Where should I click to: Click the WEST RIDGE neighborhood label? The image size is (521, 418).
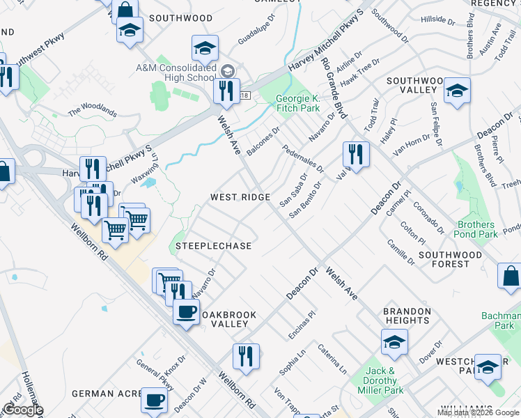(x=240, y=197)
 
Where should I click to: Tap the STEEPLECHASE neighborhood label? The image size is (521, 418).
(x=213, y=246)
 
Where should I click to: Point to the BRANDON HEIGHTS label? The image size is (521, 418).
(x=406, y=316)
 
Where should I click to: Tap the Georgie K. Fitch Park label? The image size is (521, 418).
(x=297, y=103)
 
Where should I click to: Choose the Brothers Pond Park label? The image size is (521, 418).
(x=477, y=230)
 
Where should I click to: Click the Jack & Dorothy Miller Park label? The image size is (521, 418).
(x=380, y=380)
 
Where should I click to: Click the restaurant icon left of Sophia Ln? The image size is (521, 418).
(x=245, y=355)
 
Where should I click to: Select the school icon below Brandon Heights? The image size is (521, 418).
(x=394, y=341)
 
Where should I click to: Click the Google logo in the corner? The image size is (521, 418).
(x=23, y=410)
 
